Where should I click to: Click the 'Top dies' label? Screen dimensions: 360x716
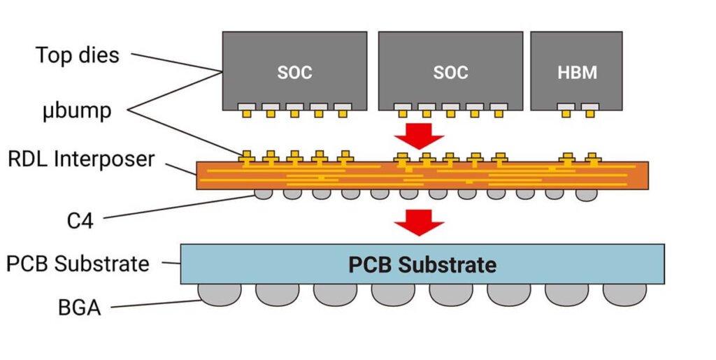pyautogui.click(x=78, y=55)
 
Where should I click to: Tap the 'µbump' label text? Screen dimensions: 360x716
pyautogui.click(x=76, y=110)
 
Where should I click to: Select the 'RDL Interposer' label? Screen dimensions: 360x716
pyautogui.click(x=81, y=159)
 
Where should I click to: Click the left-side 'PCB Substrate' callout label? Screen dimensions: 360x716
pyautogui.click(x=78, y=264)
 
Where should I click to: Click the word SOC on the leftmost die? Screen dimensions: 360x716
pyautogui.click(x=294, y=72)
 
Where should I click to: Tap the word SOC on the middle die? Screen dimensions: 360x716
pyautogui.click(x=450, y=72)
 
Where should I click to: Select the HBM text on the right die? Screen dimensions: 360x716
pyautogui.click(x=577, y=72)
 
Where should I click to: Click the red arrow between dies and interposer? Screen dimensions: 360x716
pyautogui.click(x=420, y=134)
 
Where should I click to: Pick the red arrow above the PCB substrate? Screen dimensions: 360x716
pyautogui.click(x=420, y=223)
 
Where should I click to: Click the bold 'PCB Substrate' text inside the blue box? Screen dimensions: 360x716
pyautogui.click(x=422, y=265)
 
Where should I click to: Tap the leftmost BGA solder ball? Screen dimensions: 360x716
pyautogui.click(x=220, y=294)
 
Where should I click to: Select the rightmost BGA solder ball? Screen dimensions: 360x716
pyautogui.click(x=624, y=294)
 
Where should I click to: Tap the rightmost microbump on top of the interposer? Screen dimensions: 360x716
pyautogui.click(x=593, y=157)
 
